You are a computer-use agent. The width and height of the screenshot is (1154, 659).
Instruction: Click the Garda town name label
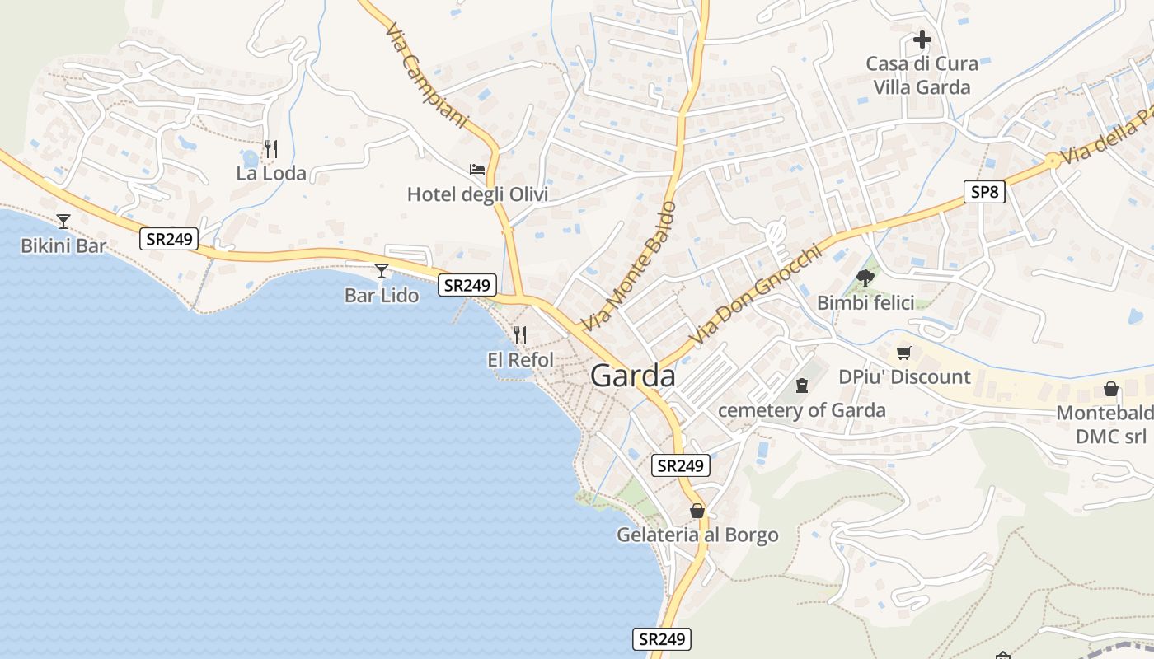click(x=633, y=376)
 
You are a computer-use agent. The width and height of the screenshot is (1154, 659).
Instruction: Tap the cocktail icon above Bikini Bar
click(x=63, y=221)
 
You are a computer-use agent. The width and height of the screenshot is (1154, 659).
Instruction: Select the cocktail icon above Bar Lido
click(x=381, y=270)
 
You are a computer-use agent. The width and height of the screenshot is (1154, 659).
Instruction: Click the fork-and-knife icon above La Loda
click(x=270, y=149)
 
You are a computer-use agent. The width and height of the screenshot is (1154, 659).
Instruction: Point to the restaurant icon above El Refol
click(x=519, y=335)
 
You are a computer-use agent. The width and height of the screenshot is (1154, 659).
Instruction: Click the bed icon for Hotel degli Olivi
click(x=477, y=170)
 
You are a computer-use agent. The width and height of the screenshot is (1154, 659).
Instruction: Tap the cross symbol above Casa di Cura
click(x=922, y=39)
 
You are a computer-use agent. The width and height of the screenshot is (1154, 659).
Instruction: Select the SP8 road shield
click(x=984, y=192)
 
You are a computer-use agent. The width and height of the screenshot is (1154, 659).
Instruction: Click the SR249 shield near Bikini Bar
click(x=169, y=239)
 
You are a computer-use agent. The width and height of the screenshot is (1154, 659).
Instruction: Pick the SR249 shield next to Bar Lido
click(x=467, y=285)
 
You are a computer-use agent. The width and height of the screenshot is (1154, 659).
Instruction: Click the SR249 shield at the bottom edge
click(x=662, y=638)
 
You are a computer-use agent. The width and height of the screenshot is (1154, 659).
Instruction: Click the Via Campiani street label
click(x=425, y=74)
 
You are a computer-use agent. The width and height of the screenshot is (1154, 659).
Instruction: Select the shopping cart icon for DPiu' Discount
click(x=904, y=353)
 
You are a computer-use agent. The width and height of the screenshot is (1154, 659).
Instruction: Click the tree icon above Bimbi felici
click(x=865, y=278)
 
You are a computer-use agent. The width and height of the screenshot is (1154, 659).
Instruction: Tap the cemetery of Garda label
click(x=802, y=410)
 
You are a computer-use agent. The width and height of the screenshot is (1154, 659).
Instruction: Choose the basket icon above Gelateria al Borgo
click(x=697, y=511)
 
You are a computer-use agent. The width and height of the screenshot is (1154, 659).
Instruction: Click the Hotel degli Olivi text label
click(x=477, y=195)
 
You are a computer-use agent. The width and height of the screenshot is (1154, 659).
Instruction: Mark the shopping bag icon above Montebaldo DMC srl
click(x=1111, y=389)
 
